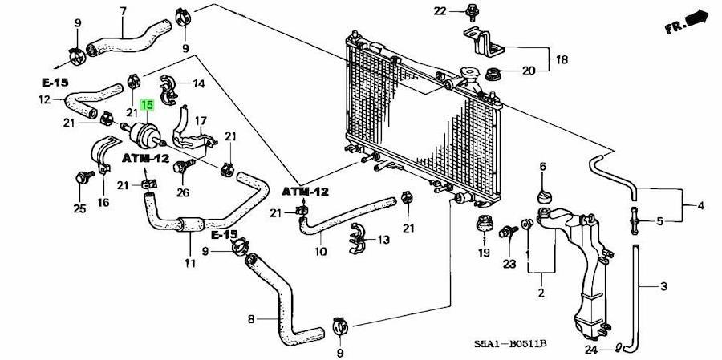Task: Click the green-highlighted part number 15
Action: click(x=147, y=105)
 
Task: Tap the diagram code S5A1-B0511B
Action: click(x=510, y=344)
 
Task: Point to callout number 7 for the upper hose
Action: click(x=123, y=10)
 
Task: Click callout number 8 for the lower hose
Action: click(x=251, y=318)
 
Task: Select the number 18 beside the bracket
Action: click(x=562, y=60)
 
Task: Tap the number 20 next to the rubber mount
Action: click(x=529, y=71)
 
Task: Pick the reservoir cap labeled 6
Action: click(x=543, y=196)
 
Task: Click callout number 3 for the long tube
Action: click(x=663, y=287)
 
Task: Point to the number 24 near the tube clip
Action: click(x=591, y=349)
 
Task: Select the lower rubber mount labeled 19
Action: click(x=484, y=224)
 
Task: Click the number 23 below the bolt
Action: click(x=509, y=265)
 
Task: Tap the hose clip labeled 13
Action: click(x=358, y=238)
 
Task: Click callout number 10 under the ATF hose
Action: click(x=320, y=252)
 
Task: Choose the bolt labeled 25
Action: click(x=83, y=177)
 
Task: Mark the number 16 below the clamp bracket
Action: click(x=103, y=202)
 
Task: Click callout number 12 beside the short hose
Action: click(x=45, y=99)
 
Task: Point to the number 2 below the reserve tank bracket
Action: click(x=541, y=293)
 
